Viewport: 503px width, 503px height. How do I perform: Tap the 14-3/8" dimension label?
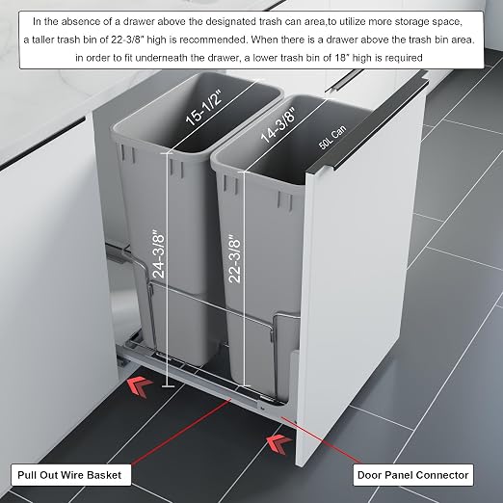tap(278, 125)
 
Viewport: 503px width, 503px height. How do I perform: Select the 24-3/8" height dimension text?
tap(159, 253)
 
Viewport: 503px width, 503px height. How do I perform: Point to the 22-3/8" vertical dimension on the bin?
tap(234, 258)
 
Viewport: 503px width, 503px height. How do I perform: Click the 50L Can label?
tap(332, 138)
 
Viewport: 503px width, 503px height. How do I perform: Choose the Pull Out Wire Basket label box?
tap(71, 475)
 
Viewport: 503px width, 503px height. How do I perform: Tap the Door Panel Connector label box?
tap(413, 475)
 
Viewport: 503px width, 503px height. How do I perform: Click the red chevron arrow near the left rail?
tap(139, 386)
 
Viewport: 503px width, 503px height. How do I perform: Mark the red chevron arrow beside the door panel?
tap(278, 444)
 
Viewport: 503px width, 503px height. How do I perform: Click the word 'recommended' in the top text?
tap(212, 40)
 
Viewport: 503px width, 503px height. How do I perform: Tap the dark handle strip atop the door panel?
tap(373, 123)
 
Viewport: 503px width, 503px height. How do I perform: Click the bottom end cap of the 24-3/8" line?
tap(168, 385)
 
